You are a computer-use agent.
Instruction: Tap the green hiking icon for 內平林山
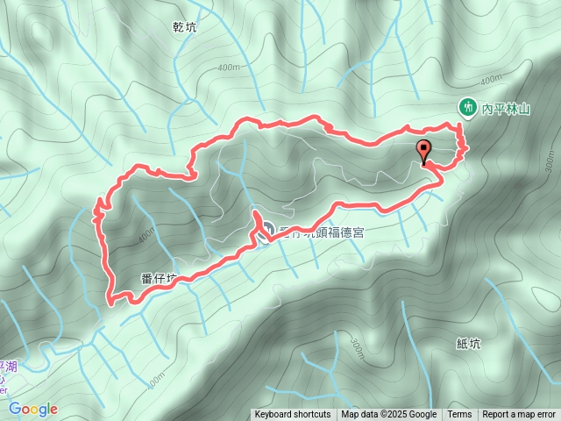pos(468,108)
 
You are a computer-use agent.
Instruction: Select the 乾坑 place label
pos(185,28)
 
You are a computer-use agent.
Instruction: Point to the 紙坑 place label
pos(469,344)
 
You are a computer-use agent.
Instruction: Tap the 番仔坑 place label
pos(159,279)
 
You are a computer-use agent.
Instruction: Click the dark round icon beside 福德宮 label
pos(267,232)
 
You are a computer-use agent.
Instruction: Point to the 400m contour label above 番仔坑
pos(145,236)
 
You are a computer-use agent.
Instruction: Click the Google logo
pos(32,409)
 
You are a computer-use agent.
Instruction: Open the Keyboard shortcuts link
pos(293,415)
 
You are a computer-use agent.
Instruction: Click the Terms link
pos(459,415)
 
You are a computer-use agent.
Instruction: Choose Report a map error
pos(519,415)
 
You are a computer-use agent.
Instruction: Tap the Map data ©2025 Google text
pos(389,415)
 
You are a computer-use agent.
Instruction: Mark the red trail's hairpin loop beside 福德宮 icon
pos(256,219)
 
